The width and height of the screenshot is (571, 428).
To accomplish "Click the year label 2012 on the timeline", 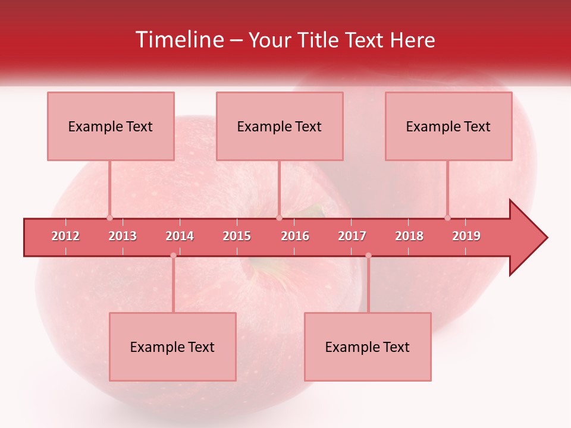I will [x=65, y=236].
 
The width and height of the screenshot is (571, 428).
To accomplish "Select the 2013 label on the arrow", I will [x=123, y=236].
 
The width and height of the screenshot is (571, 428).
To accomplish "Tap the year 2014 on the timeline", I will [x=180, y=236].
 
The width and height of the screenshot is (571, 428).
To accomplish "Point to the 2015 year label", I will [x=237, y=236].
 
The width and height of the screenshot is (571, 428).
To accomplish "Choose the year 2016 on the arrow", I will [x=295, y=236].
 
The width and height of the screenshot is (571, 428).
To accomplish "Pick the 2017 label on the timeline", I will [x=352, y=236].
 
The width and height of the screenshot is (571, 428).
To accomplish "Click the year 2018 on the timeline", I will [x=409, y=236].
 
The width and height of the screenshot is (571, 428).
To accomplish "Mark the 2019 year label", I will [x=466, y=236].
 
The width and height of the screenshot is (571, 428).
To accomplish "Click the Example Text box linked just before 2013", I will [x=111, y=126].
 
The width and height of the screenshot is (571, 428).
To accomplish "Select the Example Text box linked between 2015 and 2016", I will [x=280, y=126].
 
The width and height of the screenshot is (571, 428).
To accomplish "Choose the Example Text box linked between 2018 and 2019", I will [x=448, y=126].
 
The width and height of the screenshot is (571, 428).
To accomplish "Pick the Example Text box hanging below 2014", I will [x=172, y=347].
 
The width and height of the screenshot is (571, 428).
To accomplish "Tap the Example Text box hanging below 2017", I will [x=368, y=347].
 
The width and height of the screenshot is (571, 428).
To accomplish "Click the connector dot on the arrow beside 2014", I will [x=173, y=256].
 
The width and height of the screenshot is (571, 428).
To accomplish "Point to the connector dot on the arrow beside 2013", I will [x=109, y=218].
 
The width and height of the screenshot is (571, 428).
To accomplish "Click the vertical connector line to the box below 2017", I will [x=368, y=285].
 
